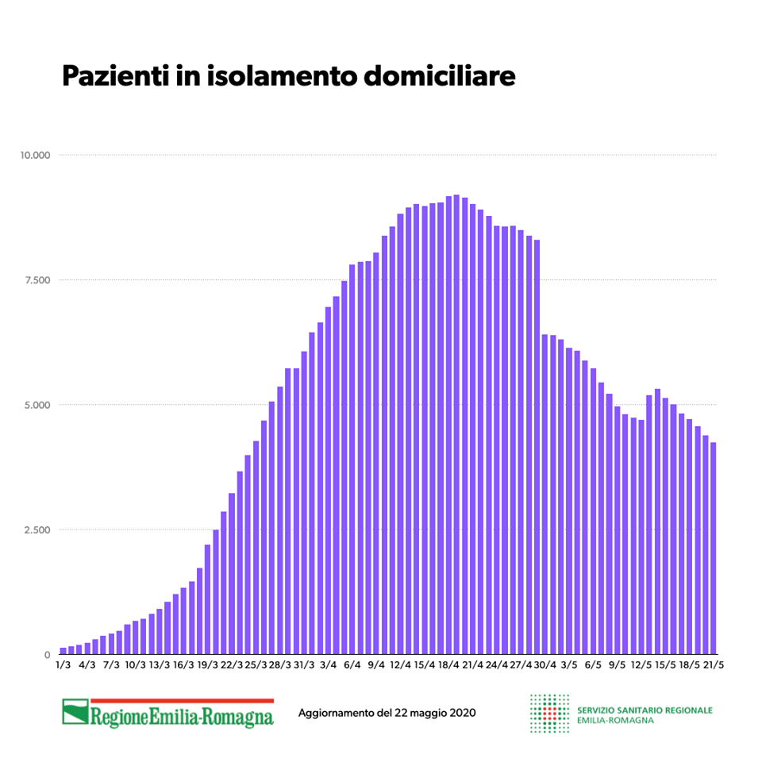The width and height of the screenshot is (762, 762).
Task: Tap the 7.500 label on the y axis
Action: tap(37, 280)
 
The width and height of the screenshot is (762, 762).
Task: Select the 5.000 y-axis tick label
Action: tap(37, 405)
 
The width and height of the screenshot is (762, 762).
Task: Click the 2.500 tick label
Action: tap(37, 530)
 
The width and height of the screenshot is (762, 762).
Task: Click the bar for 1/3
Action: tap(63, 652)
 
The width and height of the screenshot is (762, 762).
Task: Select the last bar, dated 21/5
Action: tap(714, 548)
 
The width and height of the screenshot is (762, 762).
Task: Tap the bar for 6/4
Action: tap(352, 460)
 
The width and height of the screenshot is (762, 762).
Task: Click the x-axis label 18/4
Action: tap(448, 666)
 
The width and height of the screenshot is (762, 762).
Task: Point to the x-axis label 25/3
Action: tap(256, 666)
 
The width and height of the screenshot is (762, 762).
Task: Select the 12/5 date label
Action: tap(641, 666)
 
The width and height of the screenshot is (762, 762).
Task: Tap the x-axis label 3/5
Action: tap(568, 666)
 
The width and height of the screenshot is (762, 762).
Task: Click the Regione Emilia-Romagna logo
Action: tap(168, 713)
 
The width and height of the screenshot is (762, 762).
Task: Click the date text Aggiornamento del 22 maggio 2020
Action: tap(387, 713)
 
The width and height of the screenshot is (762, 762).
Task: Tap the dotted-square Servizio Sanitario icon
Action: tap(549, 713)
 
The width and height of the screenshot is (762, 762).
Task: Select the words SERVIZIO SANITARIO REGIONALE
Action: tap(645, 710)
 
